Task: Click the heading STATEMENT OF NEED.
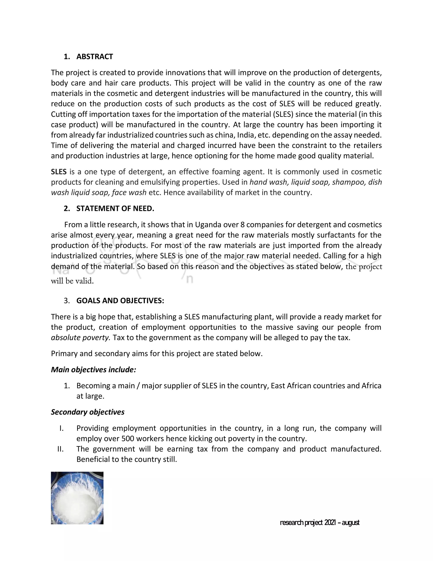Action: point(115,208)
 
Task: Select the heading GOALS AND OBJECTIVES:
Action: point(120,301)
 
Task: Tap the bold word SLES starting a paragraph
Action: point(59,172)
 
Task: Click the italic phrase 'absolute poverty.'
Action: point(81,337)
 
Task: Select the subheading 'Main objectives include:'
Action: point(93,369)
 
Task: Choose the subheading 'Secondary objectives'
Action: point(88,412)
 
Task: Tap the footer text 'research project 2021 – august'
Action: point(319,522)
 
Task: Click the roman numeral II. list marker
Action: point(60,449)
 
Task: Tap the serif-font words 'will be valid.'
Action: point(72,281)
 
